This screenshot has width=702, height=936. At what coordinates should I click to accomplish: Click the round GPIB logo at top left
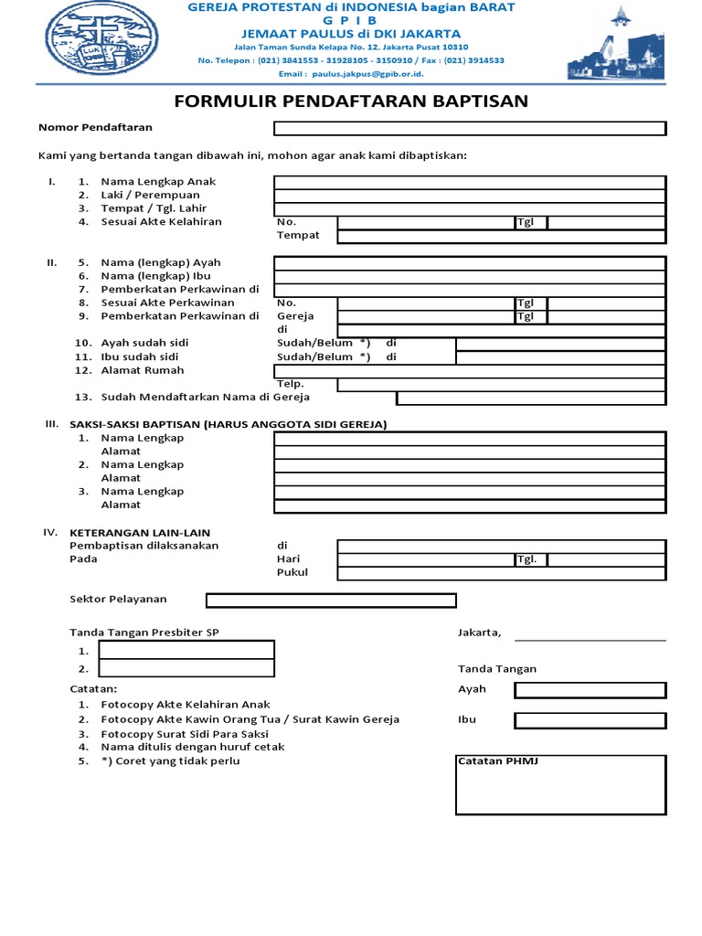(90, 40)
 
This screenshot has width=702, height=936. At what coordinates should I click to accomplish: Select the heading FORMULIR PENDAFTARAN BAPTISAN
(351, 101)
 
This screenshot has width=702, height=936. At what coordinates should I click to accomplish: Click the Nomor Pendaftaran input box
(470, 128)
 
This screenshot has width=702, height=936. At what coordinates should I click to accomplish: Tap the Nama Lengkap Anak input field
(470, 182)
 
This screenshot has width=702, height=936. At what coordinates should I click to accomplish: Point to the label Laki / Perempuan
(150, 195)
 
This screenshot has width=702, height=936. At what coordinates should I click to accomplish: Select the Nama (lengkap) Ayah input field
(470, 263)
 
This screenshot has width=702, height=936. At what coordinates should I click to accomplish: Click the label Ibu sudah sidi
(140, 356)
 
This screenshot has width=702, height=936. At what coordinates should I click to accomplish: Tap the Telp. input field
(501, 384)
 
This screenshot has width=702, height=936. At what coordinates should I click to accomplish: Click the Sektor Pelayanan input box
(331, 601)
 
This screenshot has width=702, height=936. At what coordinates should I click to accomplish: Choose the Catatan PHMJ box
(560, 784)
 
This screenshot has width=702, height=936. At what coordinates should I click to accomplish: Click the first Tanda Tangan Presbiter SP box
(186, 650)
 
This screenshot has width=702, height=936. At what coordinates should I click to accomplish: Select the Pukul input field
(501, 573)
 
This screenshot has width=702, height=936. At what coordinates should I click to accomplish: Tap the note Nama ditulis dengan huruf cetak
(192, 747)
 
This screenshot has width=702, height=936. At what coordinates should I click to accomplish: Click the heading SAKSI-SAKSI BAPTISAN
(229, 424)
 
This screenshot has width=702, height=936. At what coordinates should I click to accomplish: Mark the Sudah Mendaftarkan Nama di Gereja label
(205, 397)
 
